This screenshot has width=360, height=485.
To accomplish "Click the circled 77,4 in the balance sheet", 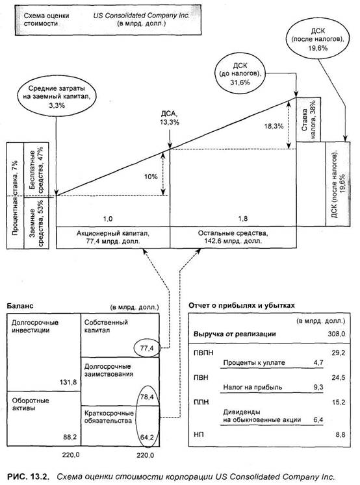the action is click(148, 348).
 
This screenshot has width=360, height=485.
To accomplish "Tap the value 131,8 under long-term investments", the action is click(68, 382).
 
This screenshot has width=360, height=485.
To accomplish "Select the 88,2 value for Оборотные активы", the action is click(70, 437).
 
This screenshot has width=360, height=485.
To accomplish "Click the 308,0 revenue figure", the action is click(337, 334).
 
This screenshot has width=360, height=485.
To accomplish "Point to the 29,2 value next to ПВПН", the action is click(339, 353).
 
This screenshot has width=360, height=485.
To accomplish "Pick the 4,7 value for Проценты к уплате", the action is click(318, 362).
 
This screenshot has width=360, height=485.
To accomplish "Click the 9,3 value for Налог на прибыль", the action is click(318, 387).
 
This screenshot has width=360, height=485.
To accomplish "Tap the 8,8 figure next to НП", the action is click(341, 435).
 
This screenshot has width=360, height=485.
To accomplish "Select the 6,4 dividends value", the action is click(318, 419).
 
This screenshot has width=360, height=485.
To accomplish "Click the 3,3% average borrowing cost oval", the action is click(57, 97).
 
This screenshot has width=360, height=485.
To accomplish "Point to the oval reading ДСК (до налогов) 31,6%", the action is click(240, 74).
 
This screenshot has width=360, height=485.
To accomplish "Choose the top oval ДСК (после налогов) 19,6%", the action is click(318, 40).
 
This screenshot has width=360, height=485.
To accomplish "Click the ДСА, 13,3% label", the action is click(170, 118).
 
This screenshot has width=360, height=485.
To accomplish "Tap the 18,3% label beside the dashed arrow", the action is click(274, 126).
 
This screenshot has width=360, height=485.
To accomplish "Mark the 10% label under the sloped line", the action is click(151, 177).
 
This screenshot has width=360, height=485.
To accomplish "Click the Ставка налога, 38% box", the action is click(309, 119).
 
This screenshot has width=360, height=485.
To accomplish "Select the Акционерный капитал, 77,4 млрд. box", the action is click(113, 237).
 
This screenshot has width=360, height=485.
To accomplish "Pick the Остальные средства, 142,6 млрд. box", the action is click(233, 237).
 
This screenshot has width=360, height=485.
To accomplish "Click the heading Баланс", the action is click(19, 306).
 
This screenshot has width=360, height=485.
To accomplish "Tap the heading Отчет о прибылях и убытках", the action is click(242, 306).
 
